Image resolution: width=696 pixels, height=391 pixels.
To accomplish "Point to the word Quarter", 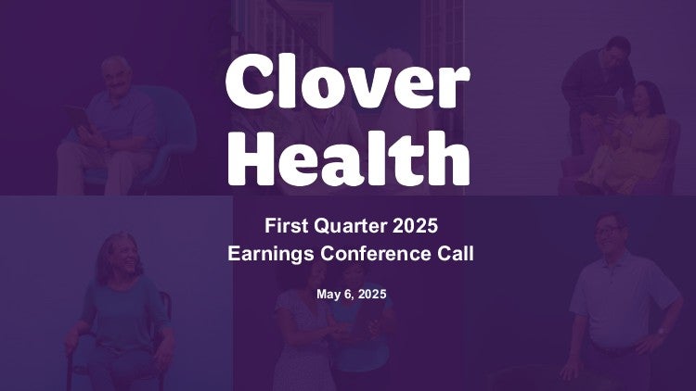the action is (350, 226).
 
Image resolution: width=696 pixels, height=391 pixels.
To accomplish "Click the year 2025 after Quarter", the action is (415, 226).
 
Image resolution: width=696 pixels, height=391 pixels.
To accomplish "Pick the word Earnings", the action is (271, 255).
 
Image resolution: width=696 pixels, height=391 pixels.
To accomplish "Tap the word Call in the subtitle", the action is (456, 254).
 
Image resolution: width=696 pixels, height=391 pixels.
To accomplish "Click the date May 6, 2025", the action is (351, 294).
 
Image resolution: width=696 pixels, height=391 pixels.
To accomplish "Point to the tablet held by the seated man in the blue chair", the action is (78, 117).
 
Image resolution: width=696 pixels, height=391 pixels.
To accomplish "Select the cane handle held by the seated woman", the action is (71, 349).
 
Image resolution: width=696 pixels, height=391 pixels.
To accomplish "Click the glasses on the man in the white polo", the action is (607, 231).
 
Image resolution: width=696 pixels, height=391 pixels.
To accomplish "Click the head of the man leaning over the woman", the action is (617, 52).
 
